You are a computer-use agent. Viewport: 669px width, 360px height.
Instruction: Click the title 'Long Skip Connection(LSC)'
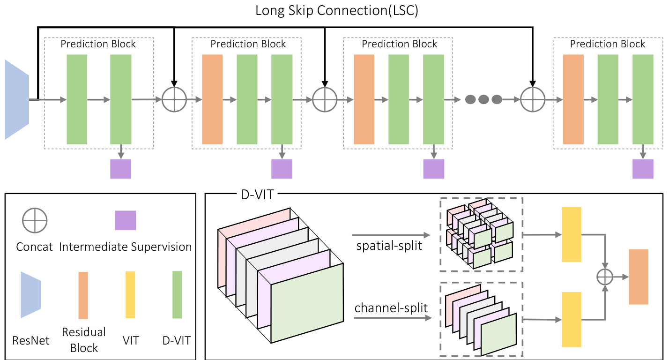336,11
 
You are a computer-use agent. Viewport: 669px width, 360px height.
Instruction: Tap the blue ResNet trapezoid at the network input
17,99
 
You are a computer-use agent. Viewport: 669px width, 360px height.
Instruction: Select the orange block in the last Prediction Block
573,99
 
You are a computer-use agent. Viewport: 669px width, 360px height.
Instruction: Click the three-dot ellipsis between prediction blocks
483,99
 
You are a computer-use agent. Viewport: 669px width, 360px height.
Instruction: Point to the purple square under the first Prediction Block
120,169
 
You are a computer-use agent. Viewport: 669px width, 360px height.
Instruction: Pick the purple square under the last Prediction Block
643,169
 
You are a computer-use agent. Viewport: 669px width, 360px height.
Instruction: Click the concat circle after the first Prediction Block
174,99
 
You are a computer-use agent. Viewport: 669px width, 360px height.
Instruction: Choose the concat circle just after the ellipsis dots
533,99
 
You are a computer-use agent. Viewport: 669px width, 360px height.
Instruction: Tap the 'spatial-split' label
388,245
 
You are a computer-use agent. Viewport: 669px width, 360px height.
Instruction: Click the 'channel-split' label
391,308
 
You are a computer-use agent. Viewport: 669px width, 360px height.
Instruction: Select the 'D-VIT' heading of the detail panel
254,194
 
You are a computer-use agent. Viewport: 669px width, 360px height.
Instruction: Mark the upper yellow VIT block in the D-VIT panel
571,234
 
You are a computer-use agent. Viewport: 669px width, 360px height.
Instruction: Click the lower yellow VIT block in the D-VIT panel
571,319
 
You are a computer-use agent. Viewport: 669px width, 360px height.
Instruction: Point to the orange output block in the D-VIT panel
639,277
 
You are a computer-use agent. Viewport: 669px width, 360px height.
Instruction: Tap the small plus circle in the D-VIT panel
605,277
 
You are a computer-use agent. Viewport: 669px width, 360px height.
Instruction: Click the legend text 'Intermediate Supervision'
126,247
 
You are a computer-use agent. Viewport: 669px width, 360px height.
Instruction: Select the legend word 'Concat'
34,247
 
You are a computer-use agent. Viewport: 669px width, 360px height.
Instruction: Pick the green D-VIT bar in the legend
177,295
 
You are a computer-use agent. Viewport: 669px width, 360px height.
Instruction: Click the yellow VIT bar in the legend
130,295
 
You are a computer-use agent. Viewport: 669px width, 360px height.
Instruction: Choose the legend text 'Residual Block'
84,340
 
